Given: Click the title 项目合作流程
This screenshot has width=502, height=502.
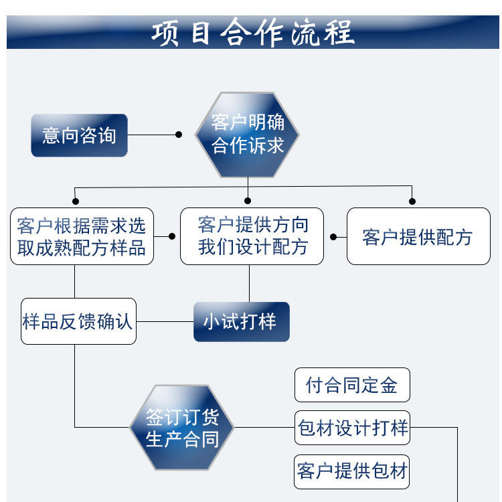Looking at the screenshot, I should click(x=252, y=33).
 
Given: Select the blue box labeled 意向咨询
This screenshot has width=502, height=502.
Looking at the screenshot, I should click(x=79, y=135).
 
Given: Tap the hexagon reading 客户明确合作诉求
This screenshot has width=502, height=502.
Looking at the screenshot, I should click(x=248, y=135).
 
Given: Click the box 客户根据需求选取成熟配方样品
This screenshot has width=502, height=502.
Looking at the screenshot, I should click(x=82, y=236).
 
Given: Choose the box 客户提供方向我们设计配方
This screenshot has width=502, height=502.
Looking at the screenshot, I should click(x=252, y=236).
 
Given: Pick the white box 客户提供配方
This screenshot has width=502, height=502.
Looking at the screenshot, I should click(x=418, y=236).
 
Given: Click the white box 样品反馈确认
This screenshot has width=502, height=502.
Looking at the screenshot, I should click(x=78, y=321).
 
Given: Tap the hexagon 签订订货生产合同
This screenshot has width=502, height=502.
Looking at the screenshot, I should click(x=182, y=428).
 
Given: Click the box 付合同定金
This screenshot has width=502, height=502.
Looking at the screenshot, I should click(x=351, y=385).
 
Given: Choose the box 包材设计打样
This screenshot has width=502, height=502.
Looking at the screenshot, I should click(x=352, y=427).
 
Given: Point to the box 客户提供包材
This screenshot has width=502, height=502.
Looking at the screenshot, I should click(x=351, y=471).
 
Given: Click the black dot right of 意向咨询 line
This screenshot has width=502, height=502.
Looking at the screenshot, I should click(x=179, y=135).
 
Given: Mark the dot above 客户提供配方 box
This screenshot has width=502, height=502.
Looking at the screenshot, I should click(x=412, y=200).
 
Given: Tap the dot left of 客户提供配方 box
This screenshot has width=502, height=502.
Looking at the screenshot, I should click(x=334, y=236).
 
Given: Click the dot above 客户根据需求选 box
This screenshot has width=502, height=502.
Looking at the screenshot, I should click(x=76, y=200).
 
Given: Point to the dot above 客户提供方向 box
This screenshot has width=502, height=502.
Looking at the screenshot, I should click(x=248, y=200).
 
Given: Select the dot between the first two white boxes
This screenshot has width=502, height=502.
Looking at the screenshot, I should click(x=173, y=236).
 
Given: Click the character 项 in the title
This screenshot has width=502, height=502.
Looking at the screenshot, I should click(x=164, y=33).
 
